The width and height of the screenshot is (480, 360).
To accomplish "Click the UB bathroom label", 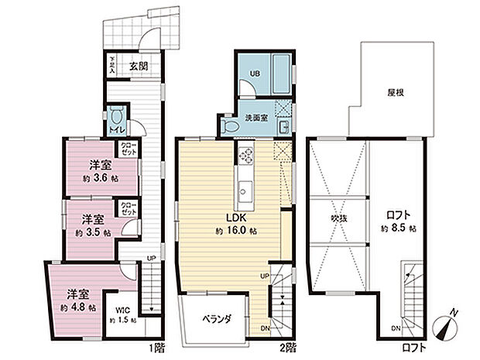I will click(253, 75).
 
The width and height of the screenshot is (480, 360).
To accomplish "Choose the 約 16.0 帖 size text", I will click(235, 231).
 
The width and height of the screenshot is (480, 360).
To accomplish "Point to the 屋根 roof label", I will click(398, 91).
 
